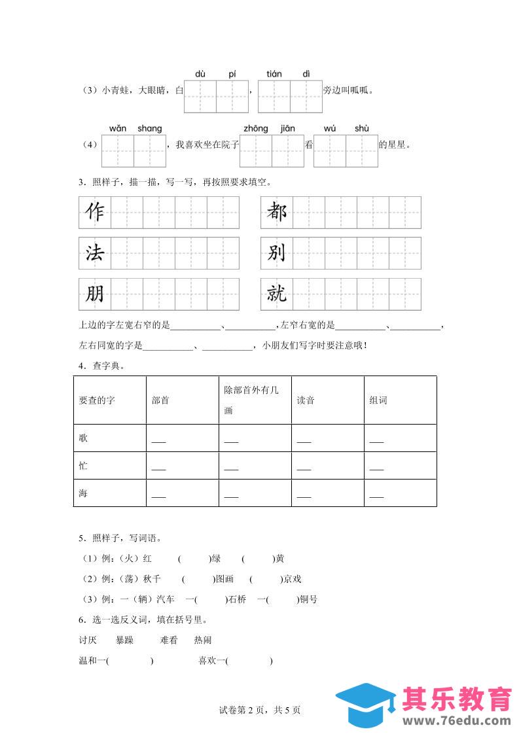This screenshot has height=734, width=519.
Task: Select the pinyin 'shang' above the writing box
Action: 149,128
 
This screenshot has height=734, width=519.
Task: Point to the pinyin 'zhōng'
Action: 255,128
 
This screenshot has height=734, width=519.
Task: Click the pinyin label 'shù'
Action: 362,128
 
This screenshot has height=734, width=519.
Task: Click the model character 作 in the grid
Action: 95,213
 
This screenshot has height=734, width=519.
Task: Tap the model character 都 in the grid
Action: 277,213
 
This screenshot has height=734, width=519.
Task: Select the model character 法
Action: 95,253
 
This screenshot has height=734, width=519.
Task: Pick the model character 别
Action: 277,253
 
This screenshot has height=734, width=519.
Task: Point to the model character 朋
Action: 95,294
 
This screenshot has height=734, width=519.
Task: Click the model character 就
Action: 277,294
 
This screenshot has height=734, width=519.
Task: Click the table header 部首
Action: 160,400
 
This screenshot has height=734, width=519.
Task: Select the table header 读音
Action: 306,400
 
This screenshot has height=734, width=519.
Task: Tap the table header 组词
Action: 378,400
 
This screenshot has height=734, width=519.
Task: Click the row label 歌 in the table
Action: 83,438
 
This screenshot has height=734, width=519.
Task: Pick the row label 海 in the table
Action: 83,493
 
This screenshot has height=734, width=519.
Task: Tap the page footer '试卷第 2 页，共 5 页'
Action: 260,710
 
